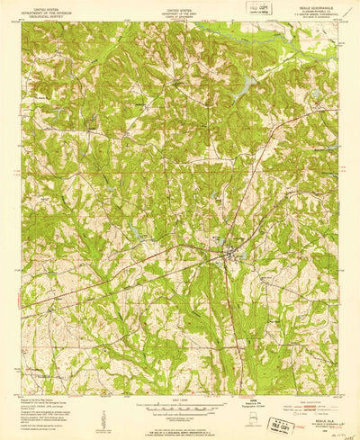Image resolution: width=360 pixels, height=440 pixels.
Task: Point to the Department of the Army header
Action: click(181, 10)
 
